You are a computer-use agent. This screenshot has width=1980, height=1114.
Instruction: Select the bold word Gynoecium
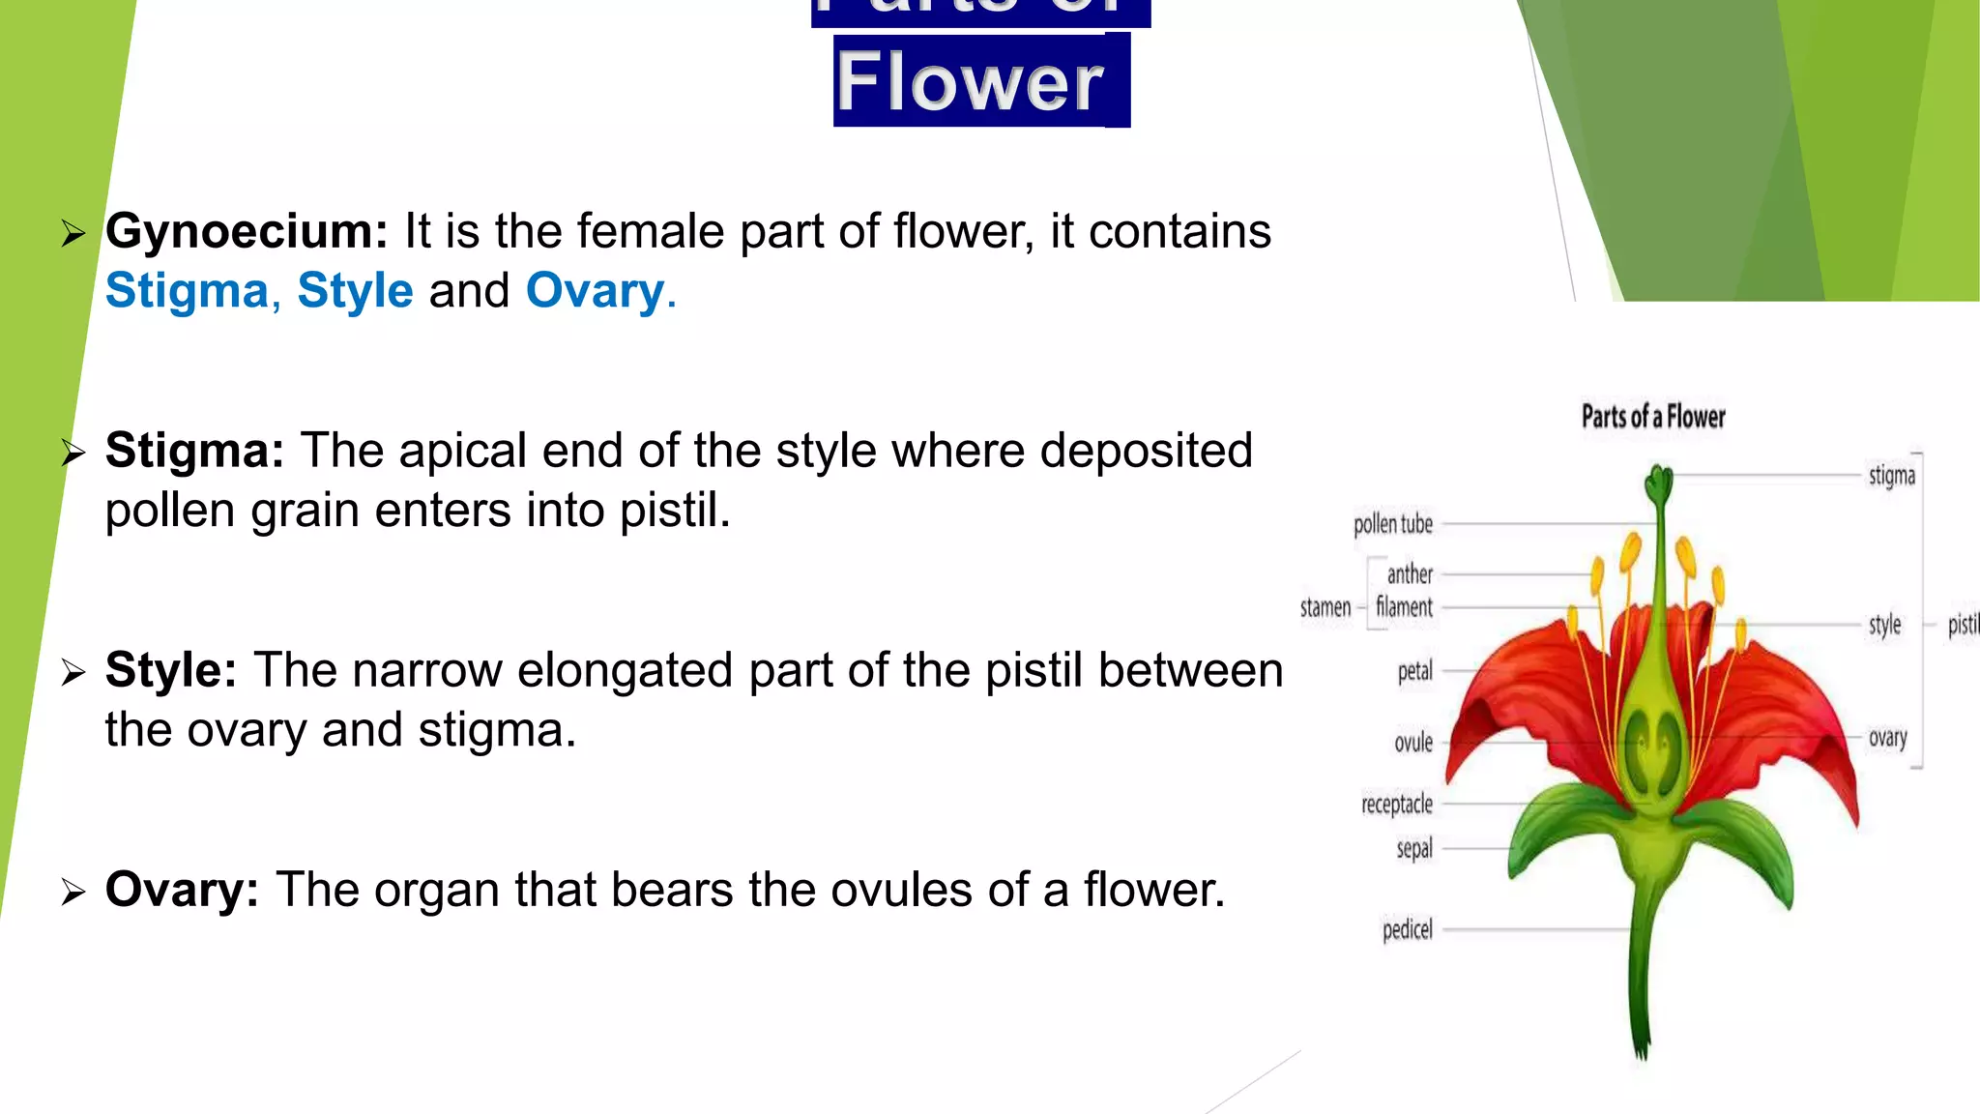247,232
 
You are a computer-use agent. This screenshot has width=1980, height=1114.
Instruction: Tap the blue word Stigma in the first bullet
187,291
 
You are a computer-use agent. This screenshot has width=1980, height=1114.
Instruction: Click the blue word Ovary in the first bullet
596,291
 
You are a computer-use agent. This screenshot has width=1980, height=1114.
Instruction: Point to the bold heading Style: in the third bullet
171,670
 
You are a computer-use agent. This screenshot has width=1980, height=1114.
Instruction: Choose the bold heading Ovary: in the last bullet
182,890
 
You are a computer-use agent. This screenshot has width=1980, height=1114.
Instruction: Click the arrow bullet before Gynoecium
73,233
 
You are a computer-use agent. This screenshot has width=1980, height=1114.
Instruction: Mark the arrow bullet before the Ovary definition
73,891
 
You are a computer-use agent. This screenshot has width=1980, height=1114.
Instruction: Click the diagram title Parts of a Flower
1653,417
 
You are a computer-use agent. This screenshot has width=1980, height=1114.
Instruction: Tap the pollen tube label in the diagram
1393,524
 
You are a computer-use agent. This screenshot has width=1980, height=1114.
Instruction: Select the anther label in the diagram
1410,574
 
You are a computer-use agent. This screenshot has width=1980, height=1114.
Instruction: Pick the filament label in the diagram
1404,607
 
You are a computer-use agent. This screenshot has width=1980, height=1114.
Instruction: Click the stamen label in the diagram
1325,607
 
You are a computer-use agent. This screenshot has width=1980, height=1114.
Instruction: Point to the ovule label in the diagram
1413,743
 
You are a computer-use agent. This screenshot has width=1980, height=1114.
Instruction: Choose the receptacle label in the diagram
1397,804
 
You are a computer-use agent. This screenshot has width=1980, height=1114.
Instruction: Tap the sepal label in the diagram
1414,849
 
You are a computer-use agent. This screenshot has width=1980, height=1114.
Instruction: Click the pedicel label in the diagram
1408,929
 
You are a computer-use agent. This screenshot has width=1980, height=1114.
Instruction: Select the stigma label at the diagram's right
1892,476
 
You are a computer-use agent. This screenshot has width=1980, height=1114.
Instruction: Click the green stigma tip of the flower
1659,482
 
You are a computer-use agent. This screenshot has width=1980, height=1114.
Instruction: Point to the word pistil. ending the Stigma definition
675,511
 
